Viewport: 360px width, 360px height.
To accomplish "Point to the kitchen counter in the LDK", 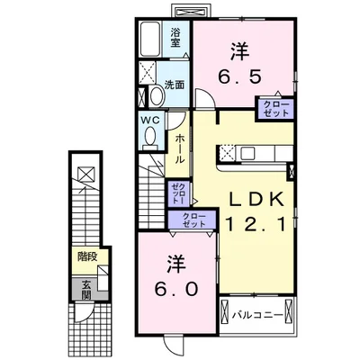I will (x=257, y=153).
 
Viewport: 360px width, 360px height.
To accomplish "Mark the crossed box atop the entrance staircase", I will (x=85, y=174).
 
